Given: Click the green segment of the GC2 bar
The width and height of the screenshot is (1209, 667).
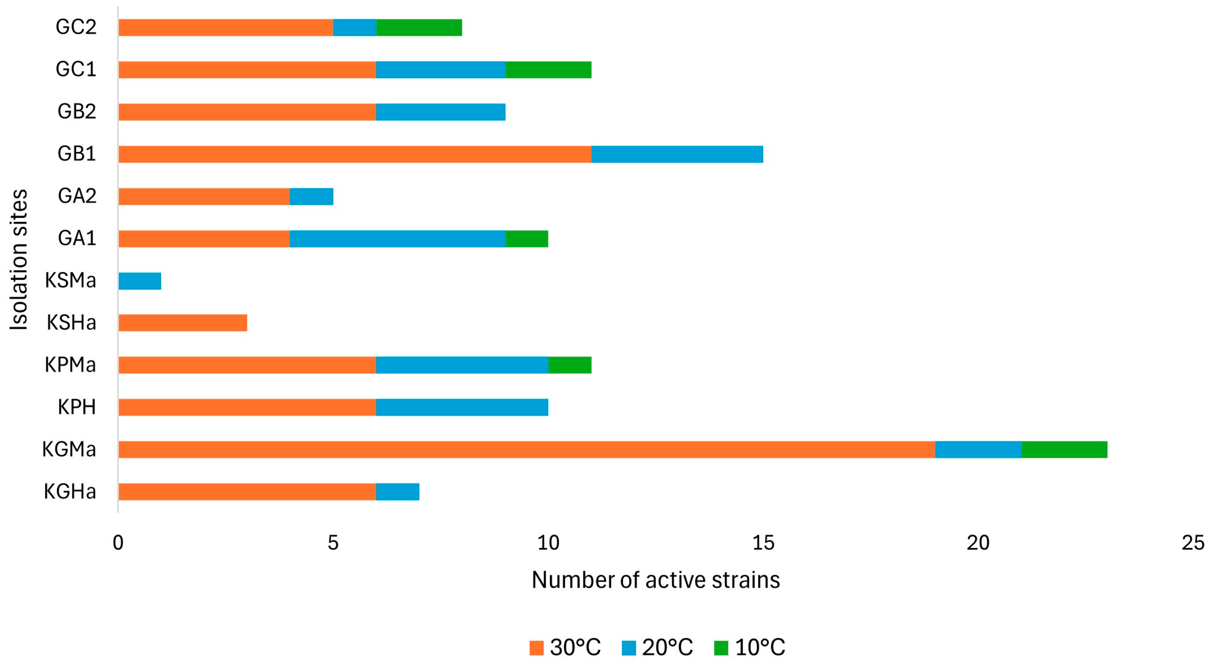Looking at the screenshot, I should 419,27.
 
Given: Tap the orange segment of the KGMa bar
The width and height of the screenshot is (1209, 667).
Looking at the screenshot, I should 526,449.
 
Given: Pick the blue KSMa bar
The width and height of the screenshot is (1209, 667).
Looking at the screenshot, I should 140,281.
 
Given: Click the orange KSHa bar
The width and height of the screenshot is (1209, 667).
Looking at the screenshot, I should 183,323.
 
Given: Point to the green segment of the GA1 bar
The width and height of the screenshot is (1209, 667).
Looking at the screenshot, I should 527,239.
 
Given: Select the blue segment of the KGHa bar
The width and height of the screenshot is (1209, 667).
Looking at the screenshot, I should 397,492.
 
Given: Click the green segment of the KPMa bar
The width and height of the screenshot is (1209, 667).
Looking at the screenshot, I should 570,365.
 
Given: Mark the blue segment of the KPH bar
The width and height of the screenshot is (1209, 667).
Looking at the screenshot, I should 462,407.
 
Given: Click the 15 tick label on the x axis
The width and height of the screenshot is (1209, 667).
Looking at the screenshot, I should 763,543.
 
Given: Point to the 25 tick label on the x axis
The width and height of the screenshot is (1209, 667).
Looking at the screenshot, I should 1192,543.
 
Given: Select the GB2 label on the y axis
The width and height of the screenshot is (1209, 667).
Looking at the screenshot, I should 76,112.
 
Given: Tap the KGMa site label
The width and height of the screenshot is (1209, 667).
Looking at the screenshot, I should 69,449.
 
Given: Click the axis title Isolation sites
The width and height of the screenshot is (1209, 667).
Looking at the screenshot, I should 19,260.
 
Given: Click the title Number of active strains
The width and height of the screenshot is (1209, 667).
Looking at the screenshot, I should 655,580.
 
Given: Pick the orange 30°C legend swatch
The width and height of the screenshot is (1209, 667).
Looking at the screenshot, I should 536,648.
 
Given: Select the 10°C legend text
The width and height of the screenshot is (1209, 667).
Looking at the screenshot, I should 760,648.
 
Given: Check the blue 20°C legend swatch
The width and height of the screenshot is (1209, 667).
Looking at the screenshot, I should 629,648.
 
